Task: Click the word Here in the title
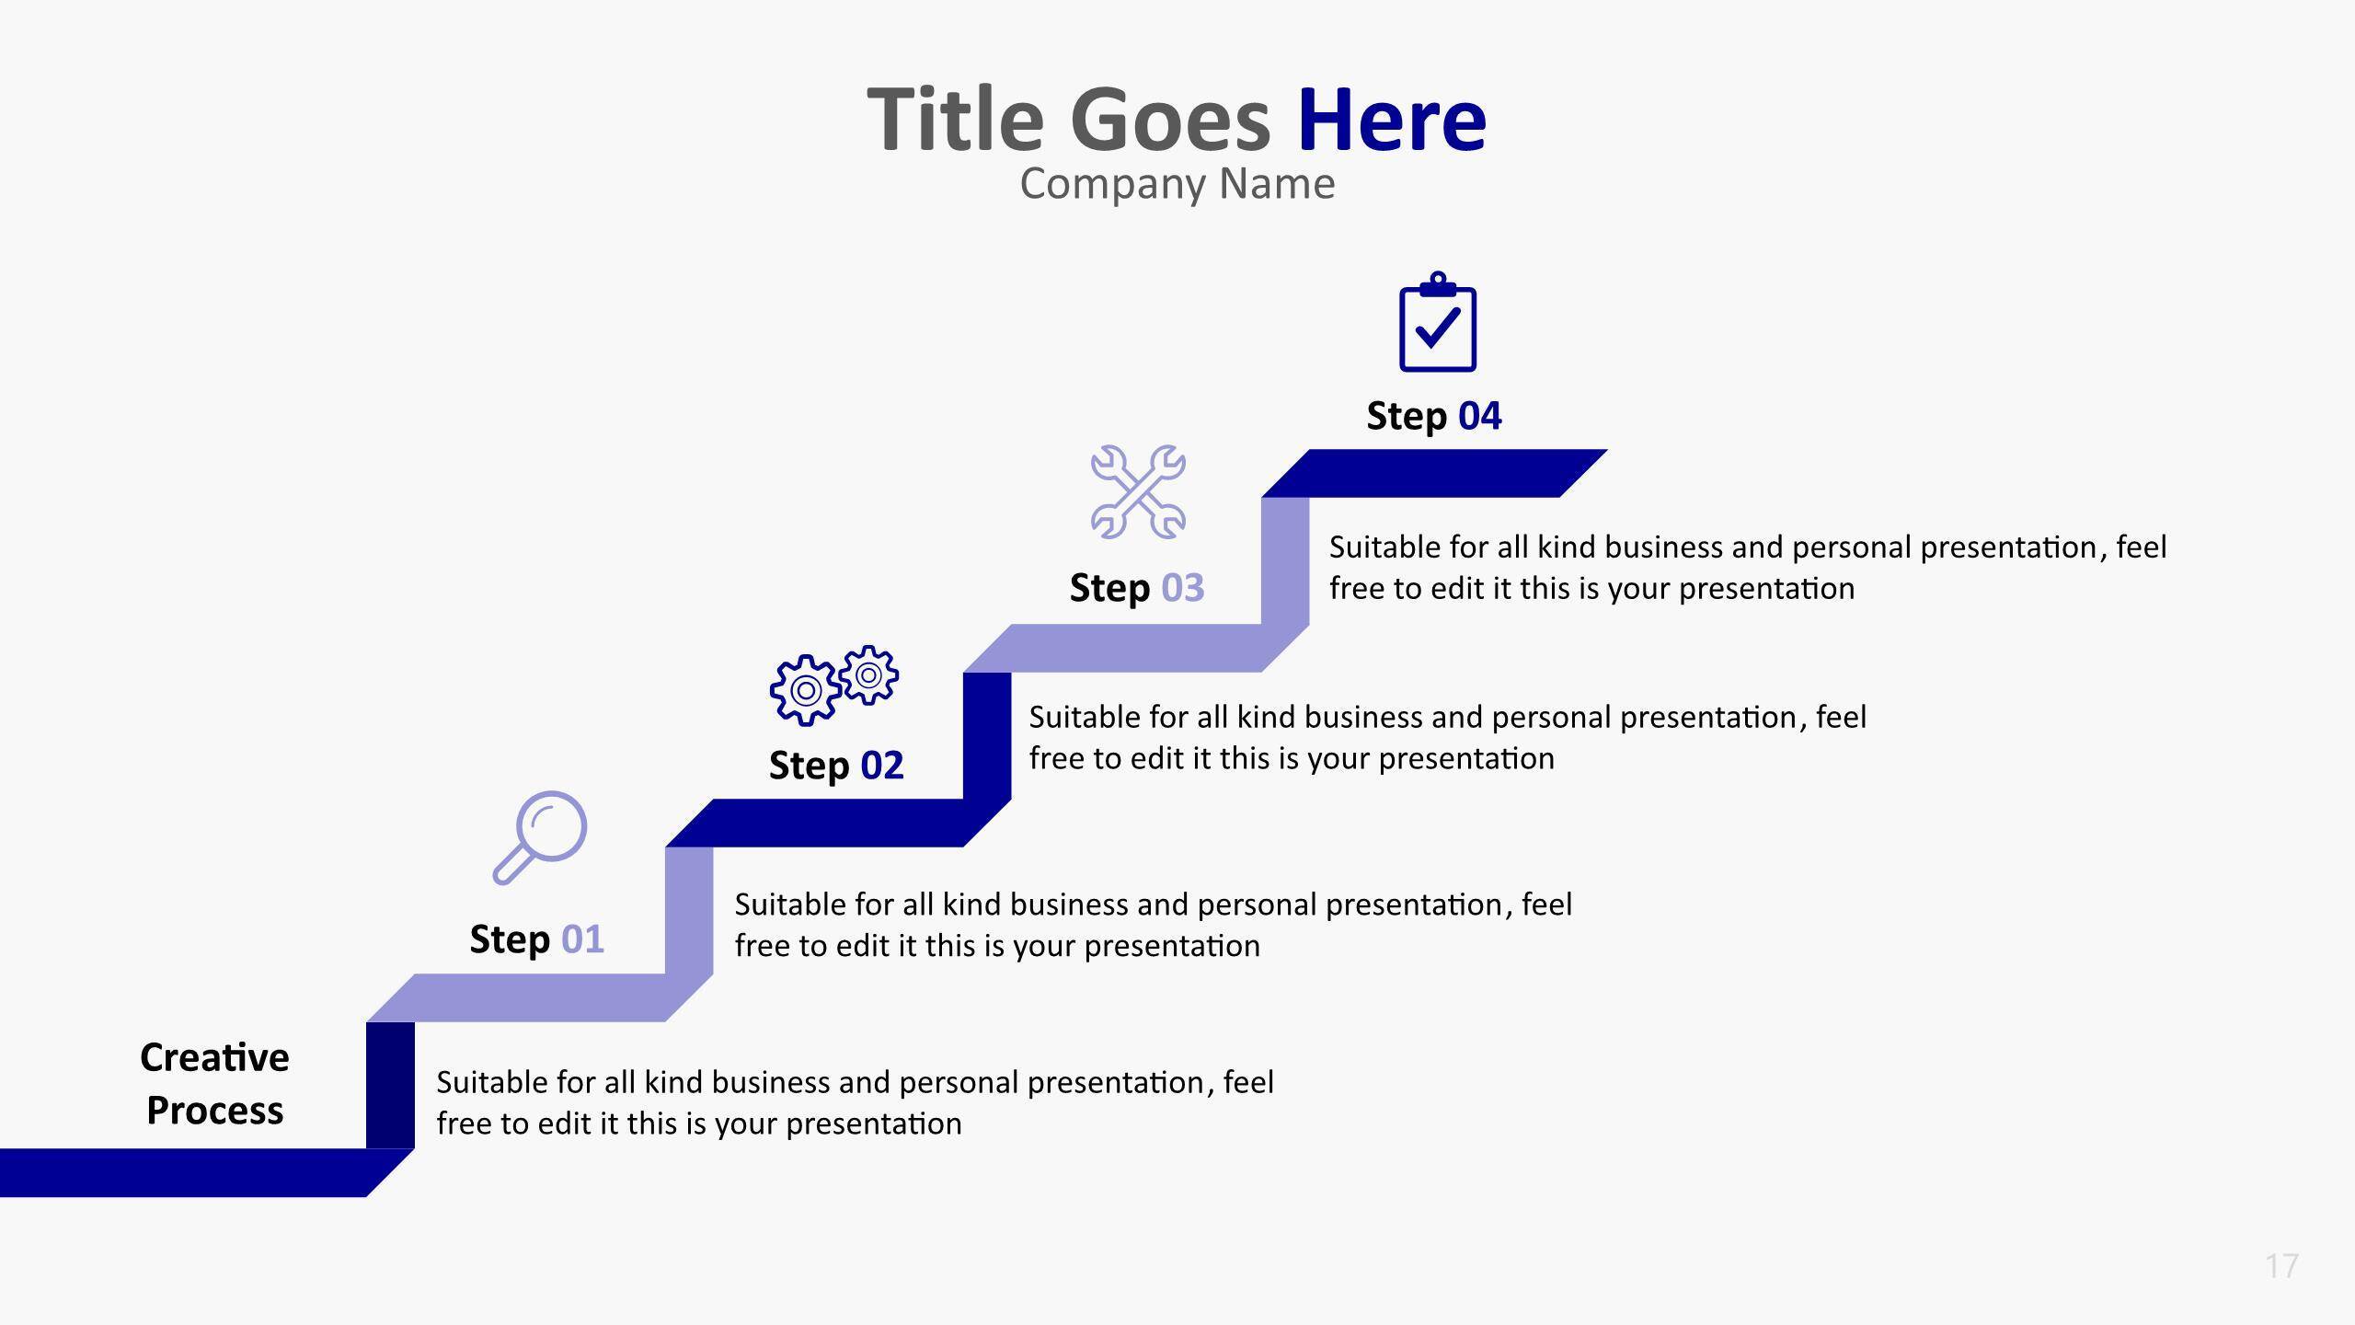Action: (x=1392, y=120)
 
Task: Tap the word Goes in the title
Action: (x=1170, y=120)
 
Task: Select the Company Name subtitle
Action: (x=1177, y=184)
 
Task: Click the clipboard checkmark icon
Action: (x=1438, y=322)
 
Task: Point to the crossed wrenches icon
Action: (x=1138, y=492)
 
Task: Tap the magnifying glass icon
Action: (x=540, y=837)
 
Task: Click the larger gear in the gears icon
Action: (x=805, y=690)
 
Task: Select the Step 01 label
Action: (x=537, y=939)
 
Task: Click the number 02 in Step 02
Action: (x=882, y=766)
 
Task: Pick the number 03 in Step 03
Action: (x=1183, y=588)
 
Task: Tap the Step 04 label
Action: (x=1434, y=416)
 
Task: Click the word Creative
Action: (x=214, y=1057)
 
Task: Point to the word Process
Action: (x=215, y=1111)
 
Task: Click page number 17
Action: (x=2282, y=1266)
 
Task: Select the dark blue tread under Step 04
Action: (x=1434, y=473)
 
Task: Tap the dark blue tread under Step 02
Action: (x=838, y=823)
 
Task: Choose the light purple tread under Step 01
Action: (x=540, y=997)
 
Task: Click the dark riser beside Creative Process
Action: (x=390, y=1085)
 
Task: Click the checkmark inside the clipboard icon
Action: (x=1438, y=327)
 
